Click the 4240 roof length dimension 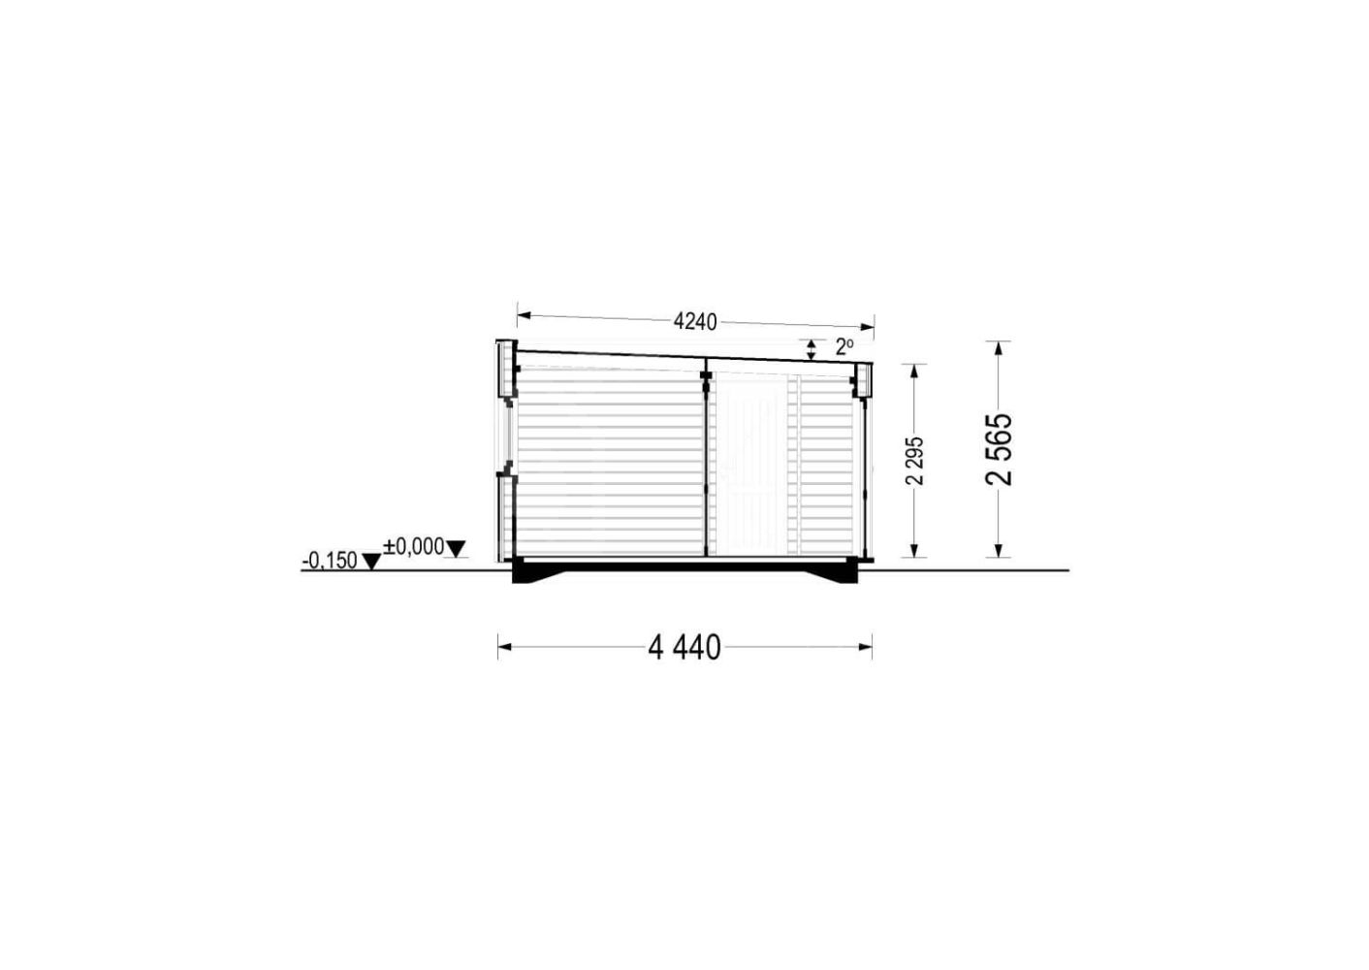[695, 322]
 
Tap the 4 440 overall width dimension [684, 648]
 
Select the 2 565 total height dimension [999, 449]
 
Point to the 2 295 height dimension [915, 461]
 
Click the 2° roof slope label [844, 347]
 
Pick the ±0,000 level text [414, 547]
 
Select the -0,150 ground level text [330, 561]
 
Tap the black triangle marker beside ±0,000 [456, 548]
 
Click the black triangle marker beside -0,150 [371, 562]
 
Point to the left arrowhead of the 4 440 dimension [505, 647]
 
